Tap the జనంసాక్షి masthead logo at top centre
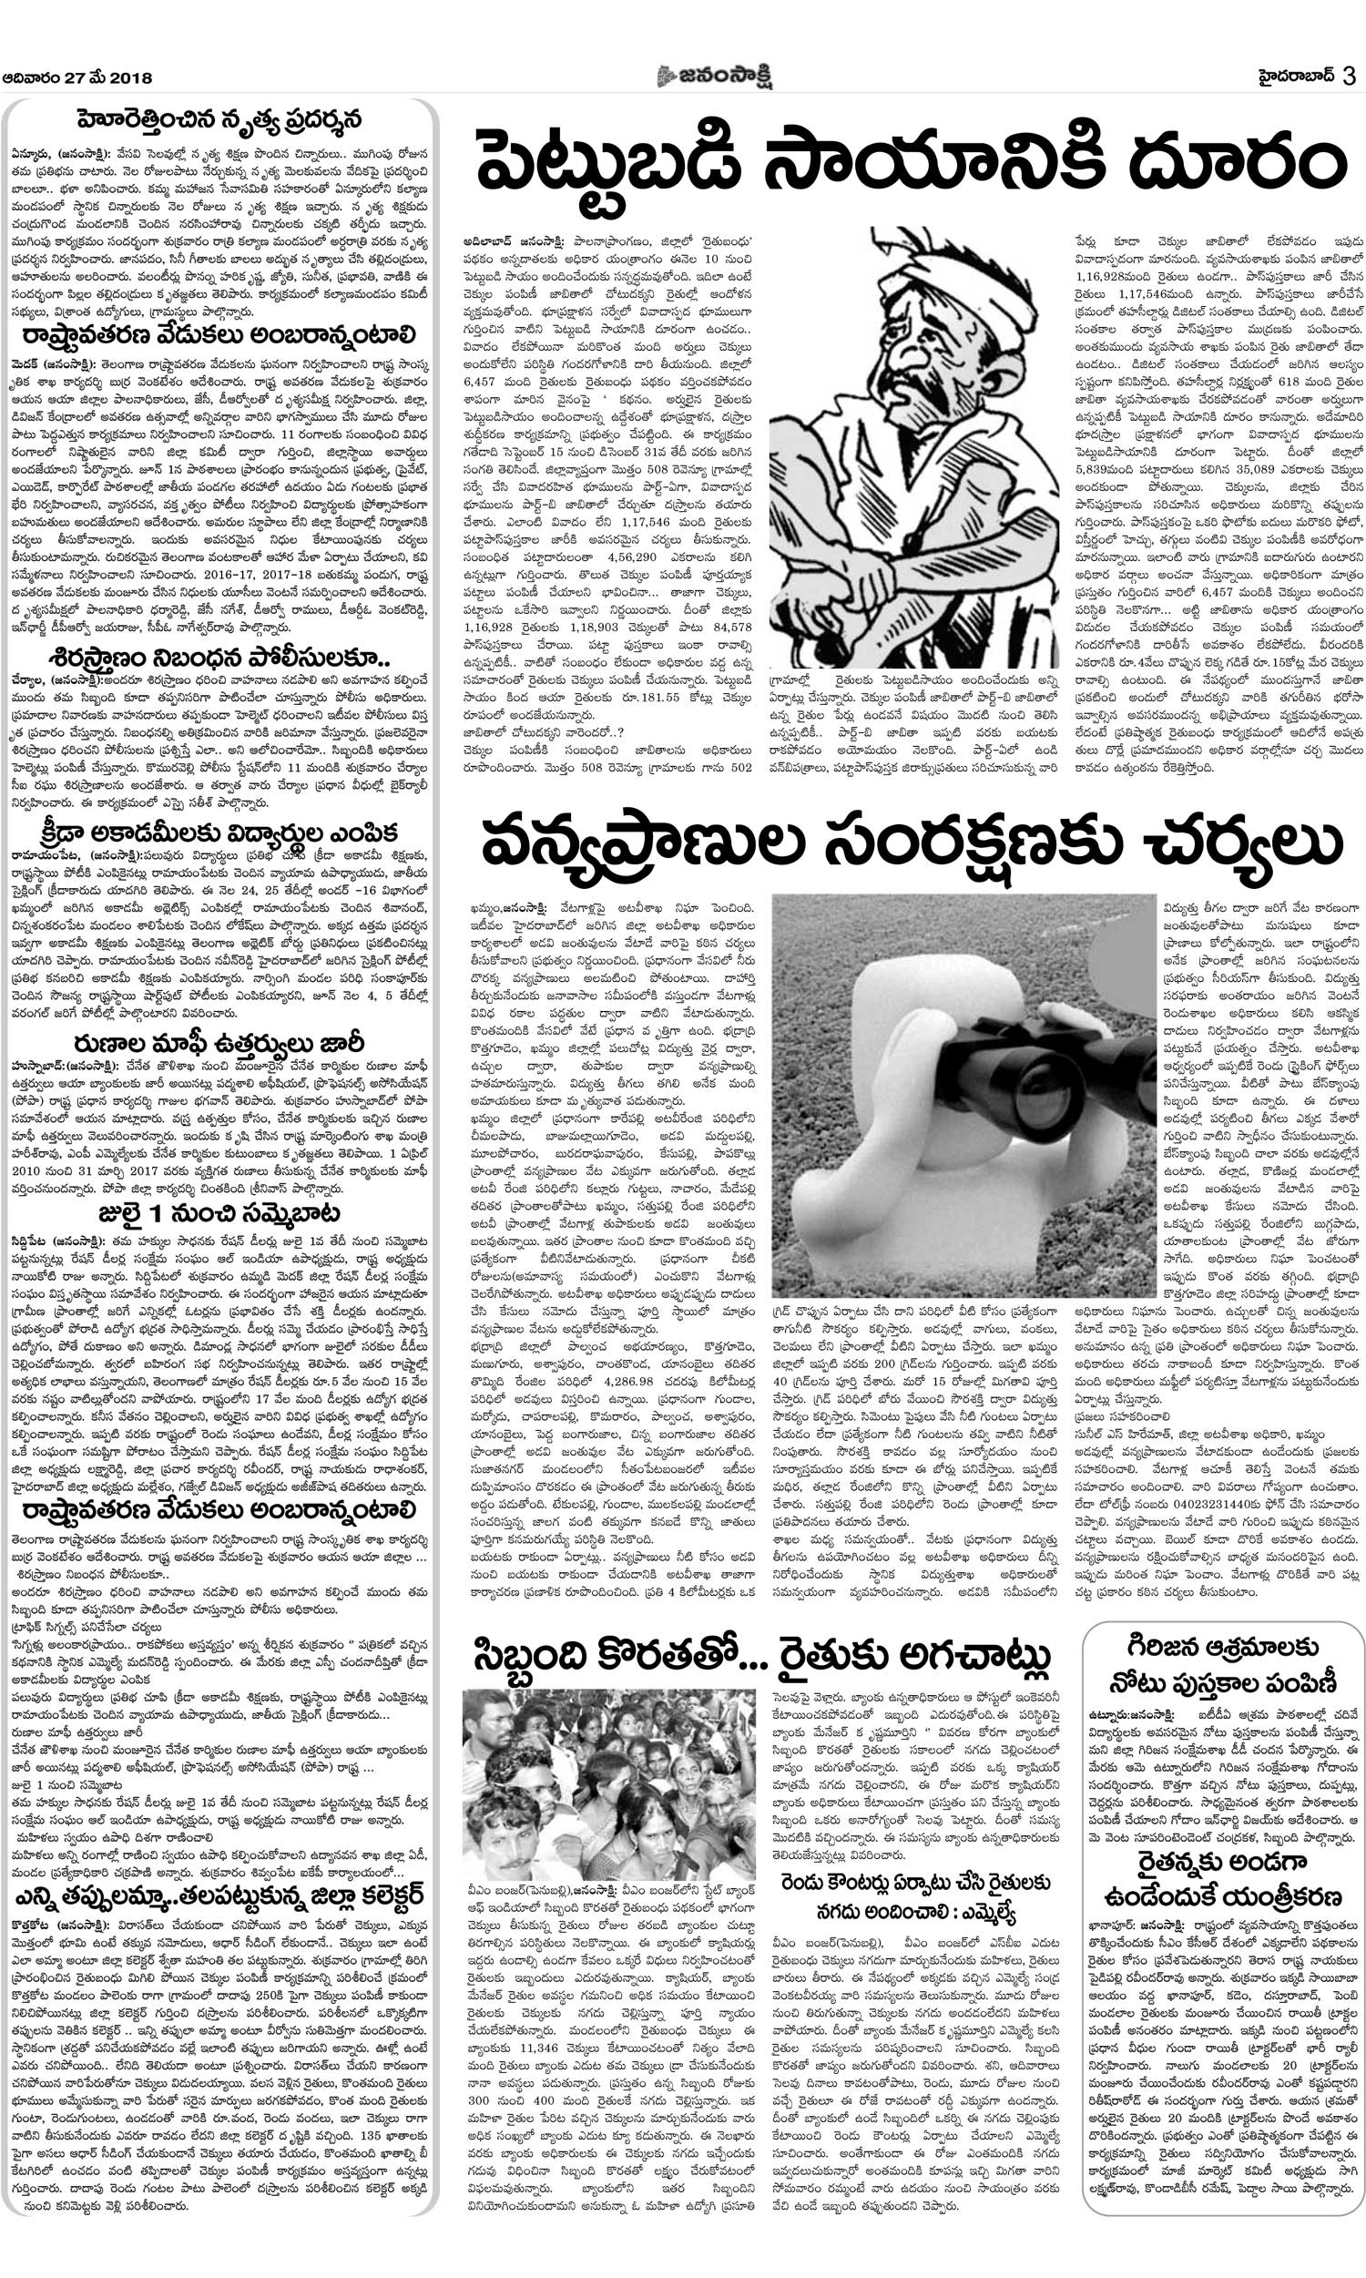(x=714, y=77)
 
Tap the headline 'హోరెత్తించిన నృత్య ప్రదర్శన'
(x=219, y=120)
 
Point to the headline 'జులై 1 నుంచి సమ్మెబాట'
(x=219, y=1213)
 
